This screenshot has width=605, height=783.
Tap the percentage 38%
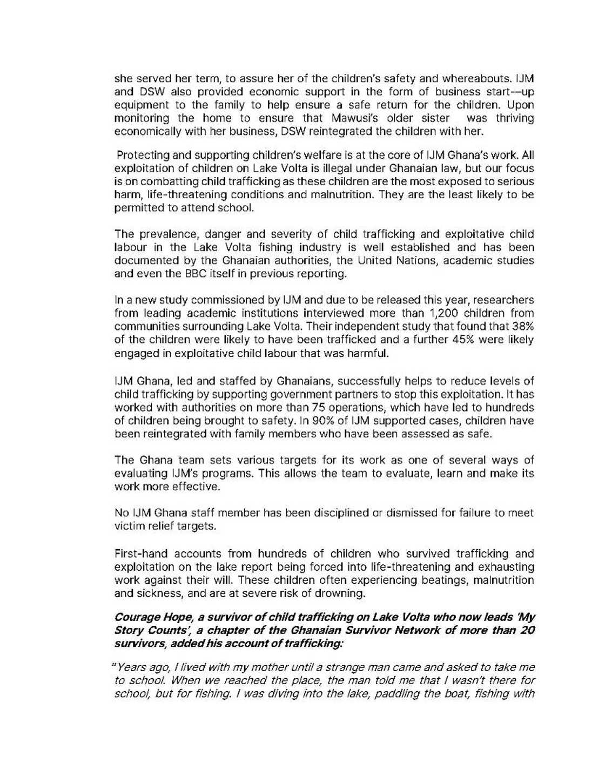click(522, 327)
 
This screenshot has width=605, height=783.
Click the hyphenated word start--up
click(508, 92)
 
